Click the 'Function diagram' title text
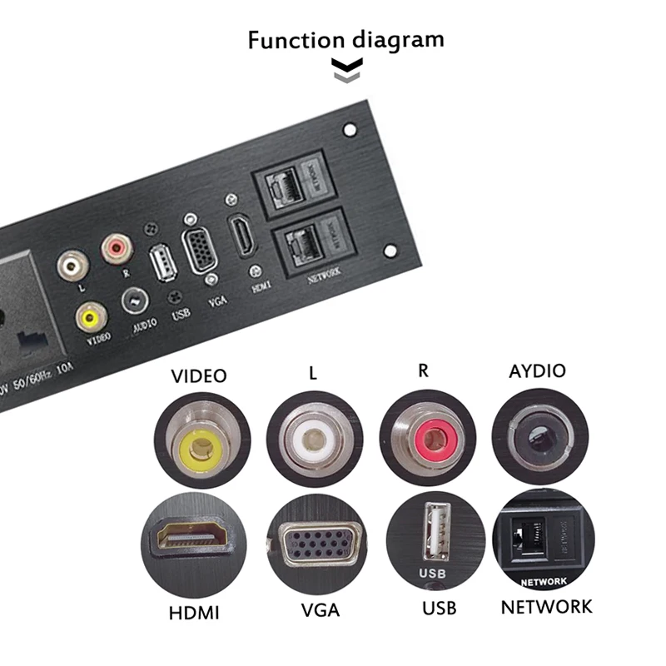[x=345, y=39]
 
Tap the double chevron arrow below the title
[x=344, y=72]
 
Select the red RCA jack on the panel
[x=116, y=247]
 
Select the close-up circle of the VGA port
[x=315, y=544]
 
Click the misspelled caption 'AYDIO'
[x=537, y=370]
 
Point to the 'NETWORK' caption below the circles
[x=546, y=606]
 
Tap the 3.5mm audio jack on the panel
[x=136, y=300]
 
